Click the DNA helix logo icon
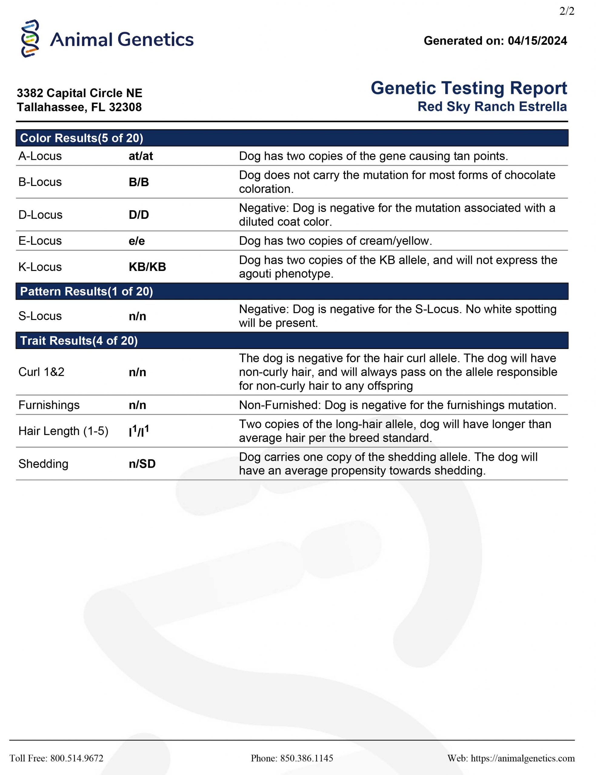coord(30,39)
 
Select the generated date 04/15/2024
coord(537,41)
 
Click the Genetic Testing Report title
coord(469,88)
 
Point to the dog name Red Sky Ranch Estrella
coord(492,107)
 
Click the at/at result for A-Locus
coord(141,156)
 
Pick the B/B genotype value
coord(139,182)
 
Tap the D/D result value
coord(139,215)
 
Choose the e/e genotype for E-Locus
coord(137,241)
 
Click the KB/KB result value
coord(147,267)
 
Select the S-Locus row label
coord(40,316)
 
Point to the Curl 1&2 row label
coord(41,372)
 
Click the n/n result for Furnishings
coord(137,405)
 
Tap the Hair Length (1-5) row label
coord(63,431)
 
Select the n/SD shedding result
coord(142,464)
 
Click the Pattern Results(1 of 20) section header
coord(86,291)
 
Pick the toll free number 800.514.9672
coord(77,758)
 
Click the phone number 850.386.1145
coord(307,758)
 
